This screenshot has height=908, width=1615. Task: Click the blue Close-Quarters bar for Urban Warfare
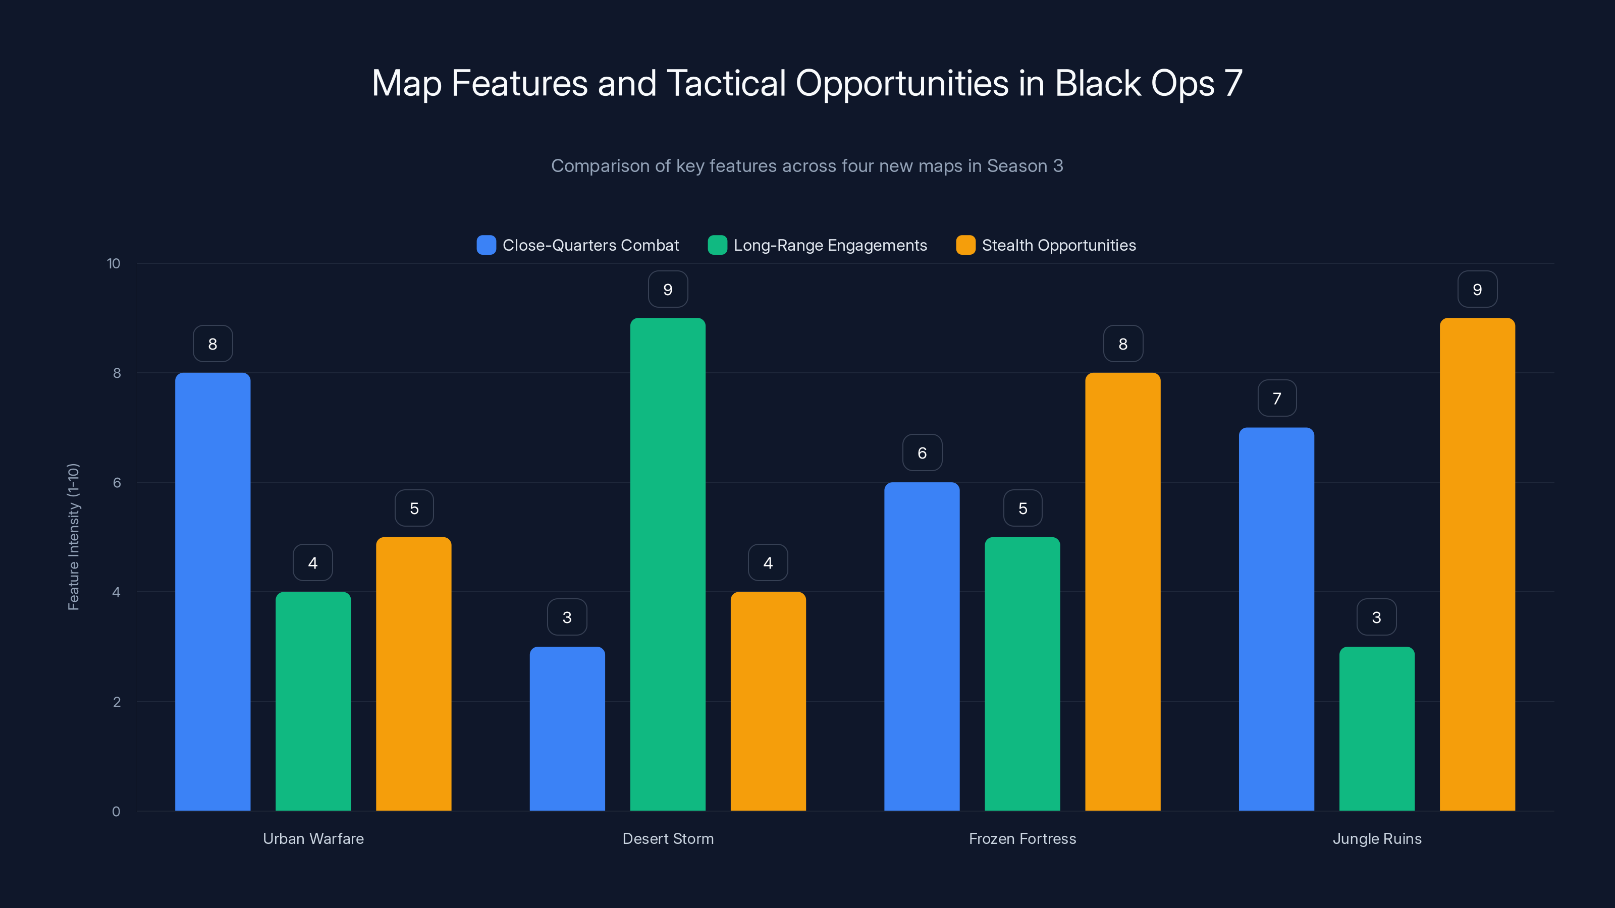click(212, 592)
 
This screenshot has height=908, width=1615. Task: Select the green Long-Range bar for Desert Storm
click(668, 564)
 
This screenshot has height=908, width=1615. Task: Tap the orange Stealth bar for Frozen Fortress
click(1122, 592)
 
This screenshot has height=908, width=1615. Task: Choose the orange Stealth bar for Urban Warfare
click(414, 673)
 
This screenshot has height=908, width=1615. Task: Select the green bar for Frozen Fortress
click(1022, 673)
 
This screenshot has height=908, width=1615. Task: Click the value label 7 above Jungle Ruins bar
click(1277, 399)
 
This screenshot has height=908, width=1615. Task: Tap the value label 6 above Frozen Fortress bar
click(922, 453)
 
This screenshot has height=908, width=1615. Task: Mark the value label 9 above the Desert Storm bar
click(668, 290)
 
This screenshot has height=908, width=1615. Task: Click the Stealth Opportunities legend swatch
click(965, 245)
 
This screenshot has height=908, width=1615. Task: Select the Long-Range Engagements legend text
click(830, 245)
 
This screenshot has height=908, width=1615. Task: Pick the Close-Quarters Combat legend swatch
click(486, 245)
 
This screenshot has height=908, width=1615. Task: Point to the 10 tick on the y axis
click(114, 263)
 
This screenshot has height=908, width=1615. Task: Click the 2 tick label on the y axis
click(117, 702)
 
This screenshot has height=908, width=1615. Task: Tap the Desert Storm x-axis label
click(668, 838)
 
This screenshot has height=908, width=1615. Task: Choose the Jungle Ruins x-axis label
click(1377, 838)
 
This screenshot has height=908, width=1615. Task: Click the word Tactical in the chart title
click(726, 83)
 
